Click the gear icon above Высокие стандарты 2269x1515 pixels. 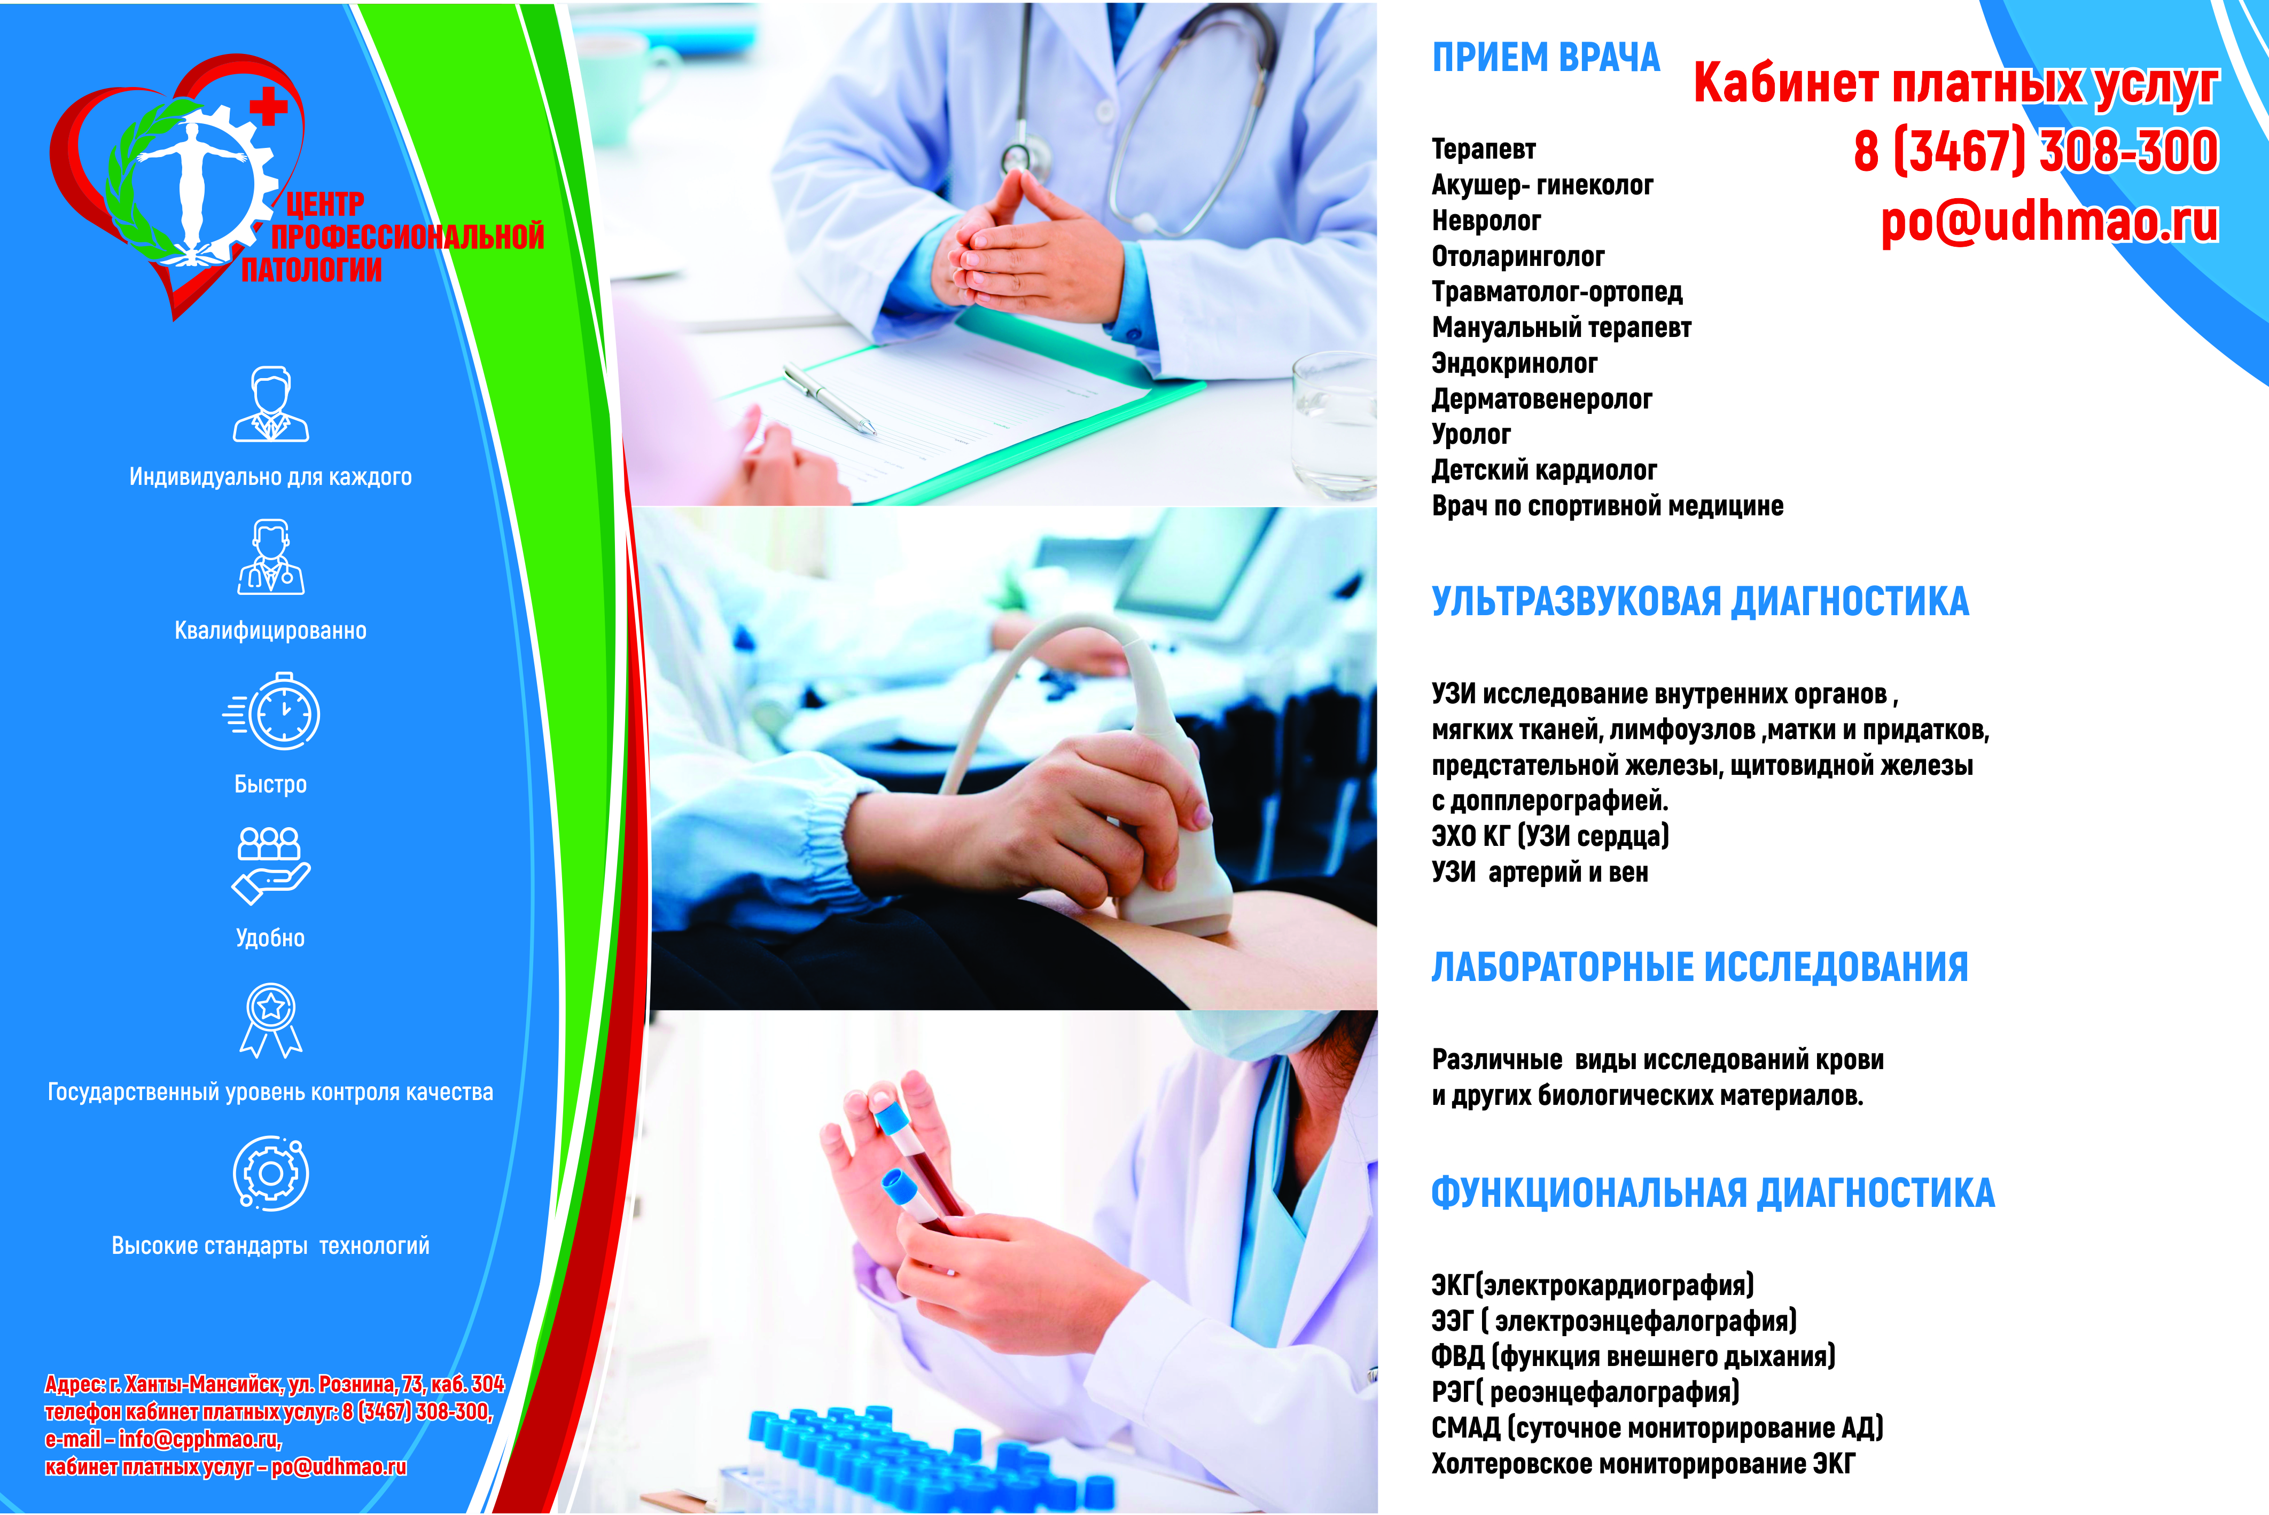click(x=270, y=1173)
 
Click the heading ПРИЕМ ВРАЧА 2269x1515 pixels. click(x=1545, y=58)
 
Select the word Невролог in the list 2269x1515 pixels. click(x=1486, y=221)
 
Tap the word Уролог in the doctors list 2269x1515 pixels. click(x=1471, y=435)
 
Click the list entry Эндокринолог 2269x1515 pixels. click(x=1514, y=363)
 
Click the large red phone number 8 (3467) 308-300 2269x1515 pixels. click(x=2035, y=152)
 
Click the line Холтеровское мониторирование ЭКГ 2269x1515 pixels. click(x=1643, y=1464)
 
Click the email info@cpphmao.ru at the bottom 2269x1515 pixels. click(x=199, y=1440)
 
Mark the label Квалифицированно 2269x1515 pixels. click(x=270, y=631)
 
